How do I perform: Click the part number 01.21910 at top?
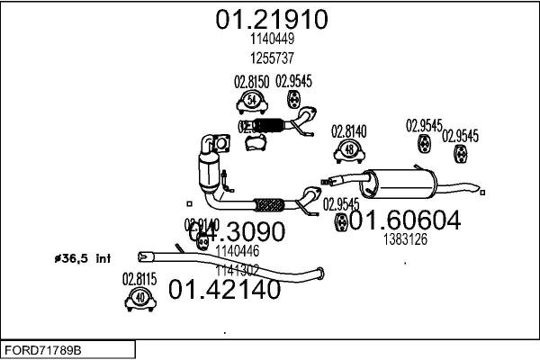pos(270,19)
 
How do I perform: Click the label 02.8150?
pos(252,81)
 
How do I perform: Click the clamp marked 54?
pos(253,100)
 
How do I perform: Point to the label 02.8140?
pos(349,131)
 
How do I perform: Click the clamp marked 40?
pos(139,299)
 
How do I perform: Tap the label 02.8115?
pos(139,279)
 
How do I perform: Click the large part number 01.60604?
pos(405,220)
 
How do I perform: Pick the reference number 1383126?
pos(404,239)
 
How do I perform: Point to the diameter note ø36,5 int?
pos(83,259)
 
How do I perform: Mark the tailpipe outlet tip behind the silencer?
pos(483,189)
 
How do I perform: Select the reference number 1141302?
pos(238,268)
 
